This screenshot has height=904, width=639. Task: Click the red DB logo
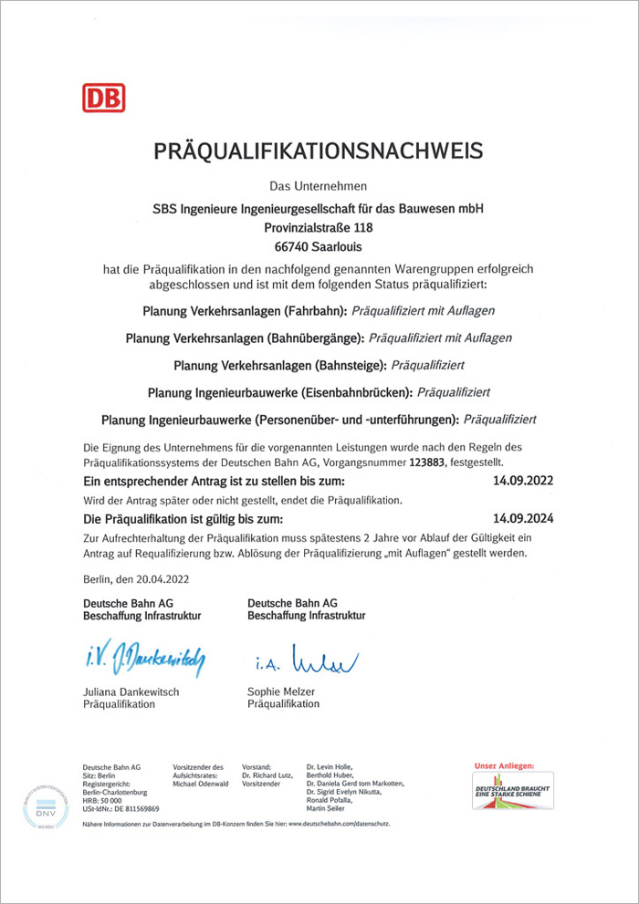103,98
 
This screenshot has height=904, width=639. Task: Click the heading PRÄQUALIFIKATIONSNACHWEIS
318,150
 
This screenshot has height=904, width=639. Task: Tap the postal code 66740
292,246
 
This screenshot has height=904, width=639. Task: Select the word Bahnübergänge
317,338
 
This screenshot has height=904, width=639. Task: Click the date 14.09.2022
522,480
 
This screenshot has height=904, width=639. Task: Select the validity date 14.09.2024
522,517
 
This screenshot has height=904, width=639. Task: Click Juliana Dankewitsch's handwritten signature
144,655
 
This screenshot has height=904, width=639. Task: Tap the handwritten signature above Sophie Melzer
306,657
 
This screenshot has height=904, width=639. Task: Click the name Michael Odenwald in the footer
202,784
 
